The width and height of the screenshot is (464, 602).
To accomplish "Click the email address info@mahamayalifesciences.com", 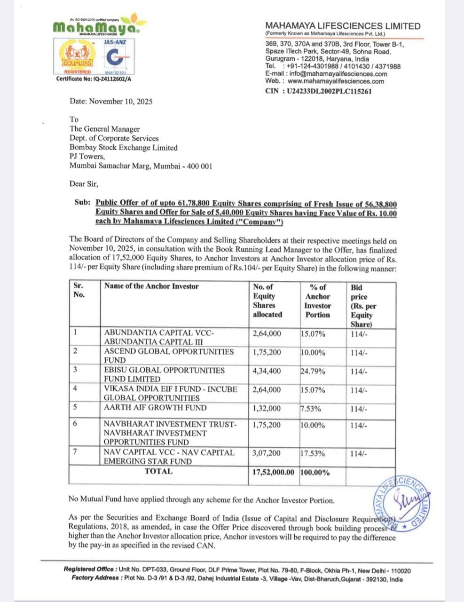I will pos(338,74).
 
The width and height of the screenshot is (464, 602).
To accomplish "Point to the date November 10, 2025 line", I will pos(111,101).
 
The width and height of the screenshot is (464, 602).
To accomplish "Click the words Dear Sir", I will pos(84,184).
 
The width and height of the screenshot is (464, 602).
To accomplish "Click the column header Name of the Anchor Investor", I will pos(151,286).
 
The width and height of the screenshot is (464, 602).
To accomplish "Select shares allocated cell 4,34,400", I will pos(267,371).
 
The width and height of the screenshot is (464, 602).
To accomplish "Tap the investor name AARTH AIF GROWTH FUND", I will pos(155,408).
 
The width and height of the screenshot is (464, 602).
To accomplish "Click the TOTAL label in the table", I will pos(158,471).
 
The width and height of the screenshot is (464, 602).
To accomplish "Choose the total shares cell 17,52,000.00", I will pos(273,472).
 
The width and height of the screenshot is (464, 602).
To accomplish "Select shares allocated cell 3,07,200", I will pos(267,452).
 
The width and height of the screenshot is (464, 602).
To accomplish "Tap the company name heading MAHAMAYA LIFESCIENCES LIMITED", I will pos(343,26).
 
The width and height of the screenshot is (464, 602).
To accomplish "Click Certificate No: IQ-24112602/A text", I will pos(94,79).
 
